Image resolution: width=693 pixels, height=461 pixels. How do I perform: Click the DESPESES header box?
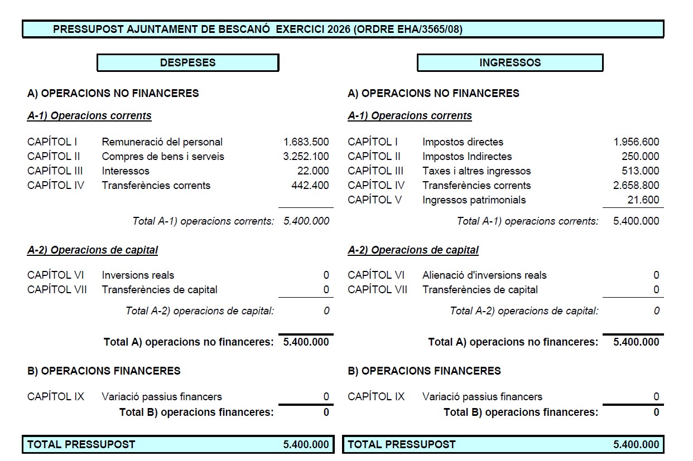point(187,62)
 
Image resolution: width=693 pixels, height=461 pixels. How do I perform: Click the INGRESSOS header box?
point(509,62)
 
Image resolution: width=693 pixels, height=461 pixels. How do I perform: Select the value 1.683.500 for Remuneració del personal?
point(306,142)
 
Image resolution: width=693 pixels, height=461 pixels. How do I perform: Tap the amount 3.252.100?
point(306,157)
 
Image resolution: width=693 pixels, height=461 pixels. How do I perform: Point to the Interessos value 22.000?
point(313,171)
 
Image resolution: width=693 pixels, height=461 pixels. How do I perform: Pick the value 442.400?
point(310,186)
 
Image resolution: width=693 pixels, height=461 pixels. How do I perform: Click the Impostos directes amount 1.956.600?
point(636,142)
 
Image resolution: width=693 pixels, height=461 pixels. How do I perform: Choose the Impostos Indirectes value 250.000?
point(640,157)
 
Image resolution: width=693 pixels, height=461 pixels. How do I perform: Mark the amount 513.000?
point(640,171)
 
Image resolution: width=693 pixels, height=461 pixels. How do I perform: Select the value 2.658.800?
point(636,186)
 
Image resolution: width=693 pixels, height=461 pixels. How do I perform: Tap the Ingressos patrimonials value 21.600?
point(643,200)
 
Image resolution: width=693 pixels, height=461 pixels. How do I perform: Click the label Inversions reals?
point(138,275)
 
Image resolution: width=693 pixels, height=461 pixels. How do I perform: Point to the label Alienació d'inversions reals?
point(484,275)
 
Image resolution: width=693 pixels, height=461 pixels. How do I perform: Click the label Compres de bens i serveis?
point(163,157)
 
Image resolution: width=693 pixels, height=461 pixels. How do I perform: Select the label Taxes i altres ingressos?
point(477,171)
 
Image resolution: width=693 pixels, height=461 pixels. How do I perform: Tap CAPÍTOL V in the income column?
point(374,200)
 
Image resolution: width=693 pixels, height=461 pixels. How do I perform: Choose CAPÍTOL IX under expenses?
point(56,397)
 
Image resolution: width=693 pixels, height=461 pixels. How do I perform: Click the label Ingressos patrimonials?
point(474,200)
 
